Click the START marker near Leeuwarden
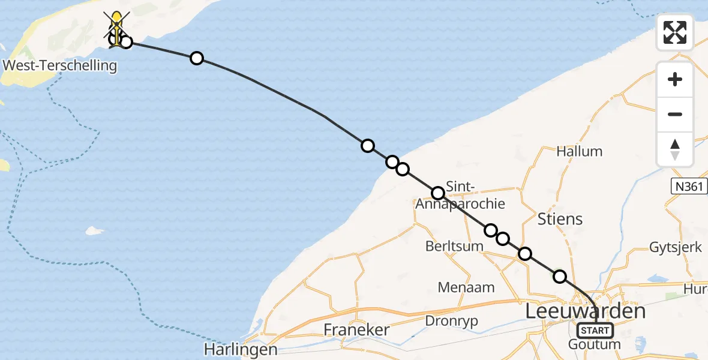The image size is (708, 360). click(x=595, y=330)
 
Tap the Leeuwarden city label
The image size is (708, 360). click(x=585, y=311)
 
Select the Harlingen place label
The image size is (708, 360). click(x=240, y=349)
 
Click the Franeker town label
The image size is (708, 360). click(x=356, y=329)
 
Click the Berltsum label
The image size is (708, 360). click(x=454, y=246)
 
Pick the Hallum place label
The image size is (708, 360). click(x=579, y=151)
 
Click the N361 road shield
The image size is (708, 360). click(x=687, y=187)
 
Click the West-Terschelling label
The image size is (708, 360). click(x=59, y=65)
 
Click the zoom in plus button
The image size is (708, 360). click(x=675, y=80)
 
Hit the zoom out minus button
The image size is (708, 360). click(x=675, y=114)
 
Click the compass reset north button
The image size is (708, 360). click(x=675, y=149)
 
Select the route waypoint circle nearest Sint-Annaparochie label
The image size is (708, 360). click(x=438, y=193)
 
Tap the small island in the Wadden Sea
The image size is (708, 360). click(x=94, y=230)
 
